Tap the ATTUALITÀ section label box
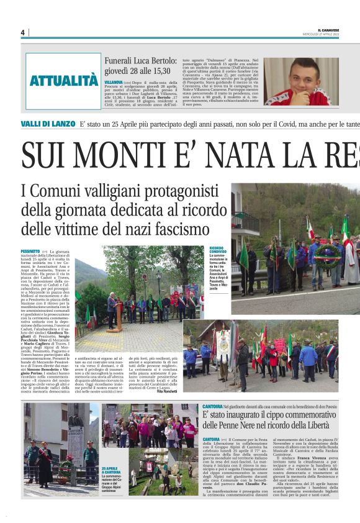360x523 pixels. pos(63,81)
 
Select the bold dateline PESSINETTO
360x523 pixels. pos(31,250)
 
